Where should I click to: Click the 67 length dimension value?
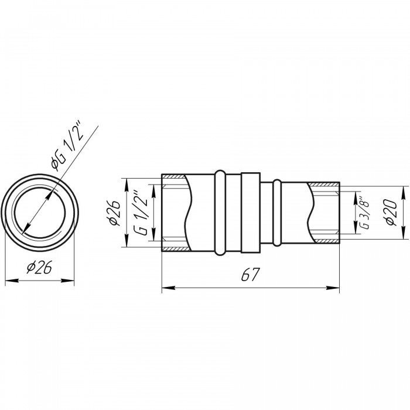pos(250,274)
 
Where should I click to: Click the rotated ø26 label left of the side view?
pos(114,213)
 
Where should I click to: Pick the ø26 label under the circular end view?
pos(39,267)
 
